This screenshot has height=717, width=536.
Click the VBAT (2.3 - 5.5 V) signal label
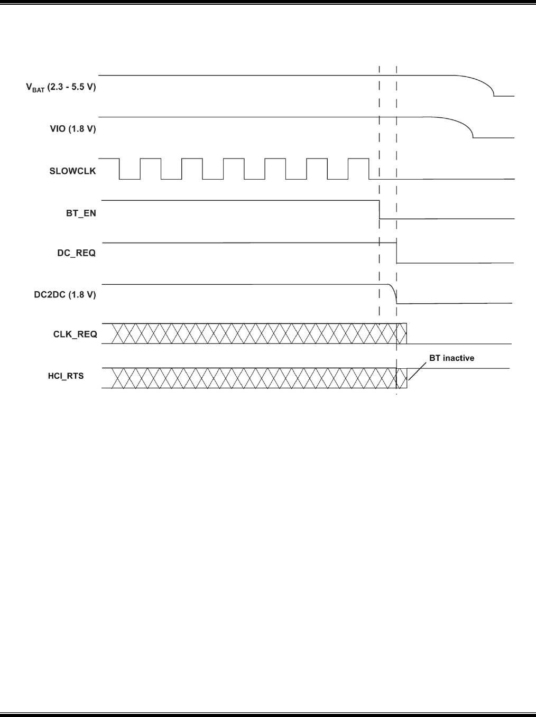pyautogui.click(x=61, y=87)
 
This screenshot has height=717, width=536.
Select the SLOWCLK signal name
pyautogui.click(x=73, y=171)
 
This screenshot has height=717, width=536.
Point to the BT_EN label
pyautogui.click(x=81, y=213)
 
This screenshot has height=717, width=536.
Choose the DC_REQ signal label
pyautogui.click(x=77, y=253)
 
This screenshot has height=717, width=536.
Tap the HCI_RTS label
pyautogui.click(x=66, y=376)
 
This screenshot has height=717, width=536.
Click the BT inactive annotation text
pyautogui.click(x=451, y=358)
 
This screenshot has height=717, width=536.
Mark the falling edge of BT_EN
pyautogui.click(x=380, y=210)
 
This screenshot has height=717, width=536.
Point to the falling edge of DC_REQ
pyautogui.click(x=397, y=253)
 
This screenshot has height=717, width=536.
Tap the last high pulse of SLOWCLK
pyautogui.click(x=359, y=159)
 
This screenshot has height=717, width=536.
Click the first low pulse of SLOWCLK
pyautogui.click(x=130, y=179)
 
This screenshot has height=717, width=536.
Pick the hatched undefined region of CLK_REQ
pyautogui.click(x=248, y=333)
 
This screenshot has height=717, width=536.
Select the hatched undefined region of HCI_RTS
pyautogui.click(x=248, y=378)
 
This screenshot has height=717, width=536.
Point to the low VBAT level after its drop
pyautogui.click(x=504, y=96)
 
